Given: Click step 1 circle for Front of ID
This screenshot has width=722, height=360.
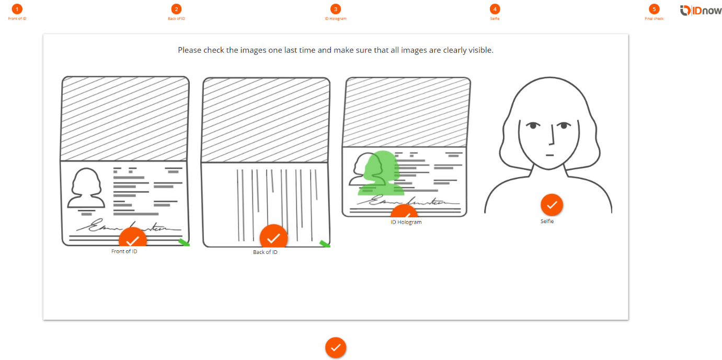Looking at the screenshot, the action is coord(17,9).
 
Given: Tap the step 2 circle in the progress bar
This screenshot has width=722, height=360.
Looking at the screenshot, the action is coord(176,9).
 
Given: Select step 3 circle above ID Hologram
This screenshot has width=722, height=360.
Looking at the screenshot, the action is coord(336,9).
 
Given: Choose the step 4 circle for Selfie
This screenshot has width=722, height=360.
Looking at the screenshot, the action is coord(495,9).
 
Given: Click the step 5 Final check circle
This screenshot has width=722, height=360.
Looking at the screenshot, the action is coord(654,9).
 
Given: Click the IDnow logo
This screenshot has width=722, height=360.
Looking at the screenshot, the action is coord(701,10).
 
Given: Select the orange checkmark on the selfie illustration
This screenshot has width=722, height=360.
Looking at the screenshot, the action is coord(552,205).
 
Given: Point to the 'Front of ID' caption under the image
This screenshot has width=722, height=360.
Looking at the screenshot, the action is coord(124,251).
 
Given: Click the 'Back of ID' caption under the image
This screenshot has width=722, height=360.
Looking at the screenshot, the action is coord(265,252).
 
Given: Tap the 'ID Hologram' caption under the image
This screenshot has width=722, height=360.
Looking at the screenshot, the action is coord(406,222).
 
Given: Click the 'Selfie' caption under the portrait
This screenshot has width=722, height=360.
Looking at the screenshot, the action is coord(547,221).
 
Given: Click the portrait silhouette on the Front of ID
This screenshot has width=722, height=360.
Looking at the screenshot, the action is coord(86,188).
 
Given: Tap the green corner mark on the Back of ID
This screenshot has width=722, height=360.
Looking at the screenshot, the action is coord(325,244).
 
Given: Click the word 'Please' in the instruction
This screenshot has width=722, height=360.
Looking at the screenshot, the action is coord(190,50).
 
